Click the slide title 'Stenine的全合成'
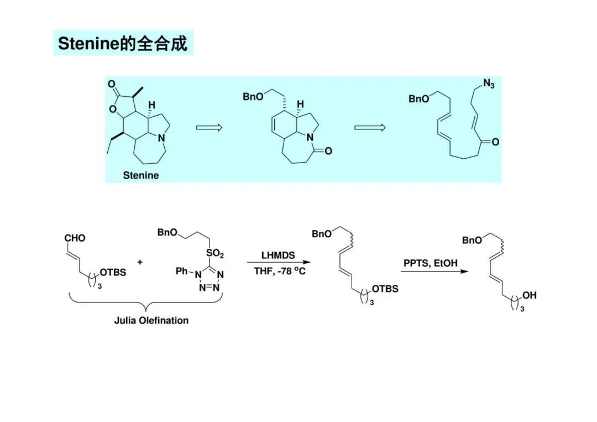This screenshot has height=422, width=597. pos(123,43)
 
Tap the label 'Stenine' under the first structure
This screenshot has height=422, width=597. pos(140,175)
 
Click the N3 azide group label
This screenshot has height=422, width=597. pos(488,84)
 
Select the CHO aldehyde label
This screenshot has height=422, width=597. pos(75,238)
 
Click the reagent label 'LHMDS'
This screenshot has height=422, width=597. pos(278,256)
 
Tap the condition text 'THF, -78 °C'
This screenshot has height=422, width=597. pos(279,271)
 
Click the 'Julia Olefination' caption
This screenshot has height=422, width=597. pos(151,320)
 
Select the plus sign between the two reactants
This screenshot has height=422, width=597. pos(139,262)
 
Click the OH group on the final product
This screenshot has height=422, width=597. pos(529,296)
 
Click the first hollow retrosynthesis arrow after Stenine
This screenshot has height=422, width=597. pos(209,128)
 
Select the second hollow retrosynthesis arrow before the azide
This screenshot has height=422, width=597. pos(369,128)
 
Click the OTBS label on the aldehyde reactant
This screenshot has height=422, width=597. pos(112,272)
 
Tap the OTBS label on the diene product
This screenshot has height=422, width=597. pos(385,289)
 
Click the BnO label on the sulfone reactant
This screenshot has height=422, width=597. pos(167,233)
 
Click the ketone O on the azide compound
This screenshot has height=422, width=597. pos(495,142)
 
